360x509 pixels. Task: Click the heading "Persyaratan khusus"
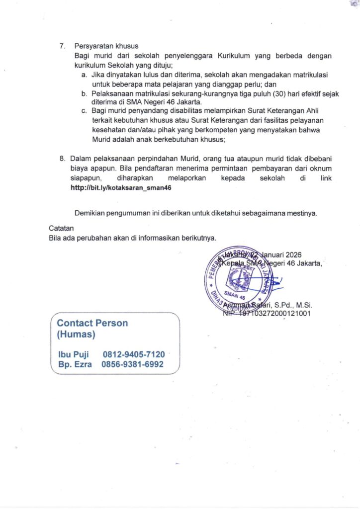106,46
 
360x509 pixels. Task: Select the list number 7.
62,46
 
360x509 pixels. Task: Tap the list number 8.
62,159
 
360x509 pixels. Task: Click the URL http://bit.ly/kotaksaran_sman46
123,188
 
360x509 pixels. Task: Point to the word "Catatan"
61,228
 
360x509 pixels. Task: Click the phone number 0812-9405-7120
134,354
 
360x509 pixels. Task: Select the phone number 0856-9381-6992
132,364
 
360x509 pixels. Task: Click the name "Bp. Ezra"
75,364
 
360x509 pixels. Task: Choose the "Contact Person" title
92,323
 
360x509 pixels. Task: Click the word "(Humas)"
76,335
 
